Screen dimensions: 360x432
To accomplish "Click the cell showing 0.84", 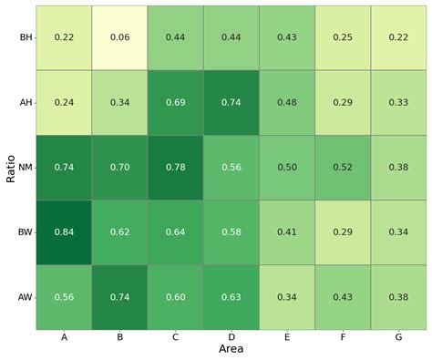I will point(64,232).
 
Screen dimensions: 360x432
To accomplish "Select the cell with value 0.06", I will point(119,36).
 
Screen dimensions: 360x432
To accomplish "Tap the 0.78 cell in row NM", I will point(175,167).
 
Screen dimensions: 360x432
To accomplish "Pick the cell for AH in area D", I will point(231,102).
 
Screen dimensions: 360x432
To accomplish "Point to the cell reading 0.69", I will point(175,102).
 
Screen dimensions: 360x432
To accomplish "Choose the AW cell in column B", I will point(119,297).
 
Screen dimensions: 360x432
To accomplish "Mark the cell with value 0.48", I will point(286,102).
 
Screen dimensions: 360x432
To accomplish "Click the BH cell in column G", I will point(397,36).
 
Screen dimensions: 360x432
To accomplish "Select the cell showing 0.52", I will point(342,167).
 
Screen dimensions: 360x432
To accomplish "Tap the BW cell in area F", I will point(342,232).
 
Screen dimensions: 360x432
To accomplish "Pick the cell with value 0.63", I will point(231,297).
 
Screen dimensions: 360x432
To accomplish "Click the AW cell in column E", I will point(286,297).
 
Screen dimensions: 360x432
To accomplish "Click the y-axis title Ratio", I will point(10,167).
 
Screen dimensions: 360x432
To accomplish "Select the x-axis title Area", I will point(231,349).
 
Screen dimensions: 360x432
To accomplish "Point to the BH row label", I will point(25,36).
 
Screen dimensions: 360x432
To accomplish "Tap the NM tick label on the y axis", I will point(24,167).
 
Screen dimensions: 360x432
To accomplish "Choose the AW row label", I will point(24,297).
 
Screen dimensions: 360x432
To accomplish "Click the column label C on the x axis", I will point(175,336).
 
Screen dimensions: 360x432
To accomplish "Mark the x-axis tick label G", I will point(397,336).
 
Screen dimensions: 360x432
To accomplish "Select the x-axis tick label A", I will point(64,336).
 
